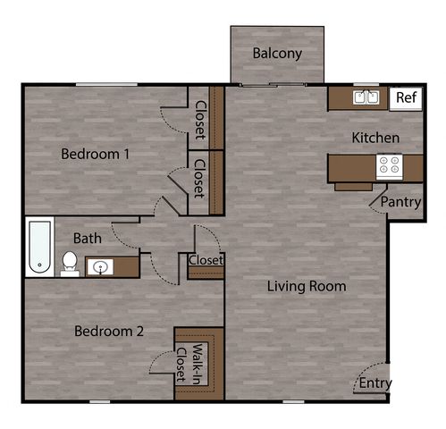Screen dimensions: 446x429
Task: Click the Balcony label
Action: pyautogui.click(x=277, y=54)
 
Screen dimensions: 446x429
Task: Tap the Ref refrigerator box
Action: pyautogui.click(x=406, y=98)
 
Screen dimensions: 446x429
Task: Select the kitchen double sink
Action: pyautogui.click(x=366, y=97)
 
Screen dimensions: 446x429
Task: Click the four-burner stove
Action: pyautogui.click(x=390, y=166)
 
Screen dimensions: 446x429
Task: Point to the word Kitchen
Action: pyautogui.click(x=375, y=138)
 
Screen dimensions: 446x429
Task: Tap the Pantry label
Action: pyautogui.click(x=400, y=202)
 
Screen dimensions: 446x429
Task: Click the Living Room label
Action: pyautogui.click(x=307, y=286)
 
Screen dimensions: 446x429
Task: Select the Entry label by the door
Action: pyautogui.click(x=375, y=383)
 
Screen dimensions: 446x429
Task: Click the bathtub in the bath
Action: pyautogui.click(x=39, y=247)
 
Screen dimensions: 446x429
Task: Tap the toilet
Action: pyautogui.click(x=70, y=264)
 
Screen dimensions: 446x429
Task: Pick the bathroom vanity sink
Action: pyautogui.click(x=100, y=266)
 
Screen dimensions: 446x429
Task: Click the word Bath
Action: pyautogui.click(x=88, y=239)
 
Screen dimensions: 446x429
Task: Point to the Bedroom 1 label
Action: pyautogui.click(x=95, y=154)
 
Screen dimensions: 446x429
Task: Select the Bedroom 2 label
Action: pyautogui.click(x=109, y=331)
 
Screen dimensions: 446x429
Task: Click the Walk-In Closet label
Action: pyautogui.click(x=189, y=364)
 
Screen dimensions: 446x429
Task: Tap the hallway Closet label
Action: pyautogui.click(x=206, y=260)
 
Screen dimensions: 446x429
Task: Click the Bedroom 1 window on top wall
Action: pyautogui.click(x=106, y=85)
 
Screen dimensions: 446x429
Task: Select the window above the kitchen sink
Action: pyautogui.click(x=366, y=85)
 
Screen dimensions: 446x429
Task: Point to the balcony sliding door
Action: pyautogui.click(x=273, y=85)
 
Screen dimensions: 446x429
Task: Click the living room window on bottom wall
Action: pyautogui.click(x=293, y=402)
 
